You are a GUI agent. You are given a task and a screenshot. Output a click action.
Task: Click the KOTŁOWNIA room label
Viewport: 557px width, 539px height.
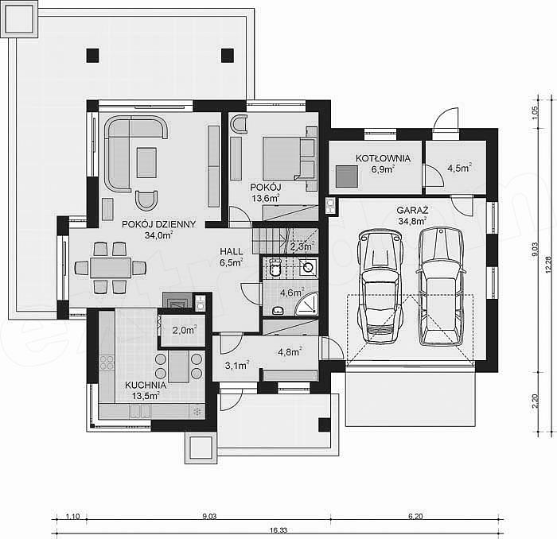tap(383, 158)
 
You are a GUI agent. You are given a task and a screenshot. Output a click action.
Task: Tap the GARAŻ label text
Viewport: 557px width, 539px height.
tap(412, 210)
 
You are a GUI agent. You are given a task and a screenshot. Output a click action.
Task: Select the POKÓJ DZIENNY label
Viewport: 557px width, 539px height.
tap(159, 224)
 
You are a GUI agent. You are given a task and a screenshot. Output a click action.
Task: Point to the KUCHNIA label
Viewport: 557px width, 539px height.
tap(146, 385)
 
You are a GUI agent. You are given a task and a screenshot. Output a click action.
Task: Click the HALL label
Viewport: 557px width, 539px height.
tap(232, 251)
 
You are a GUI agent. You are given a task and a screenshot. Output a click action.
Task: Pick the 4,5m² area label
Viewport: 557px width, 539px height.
tap(459, 168)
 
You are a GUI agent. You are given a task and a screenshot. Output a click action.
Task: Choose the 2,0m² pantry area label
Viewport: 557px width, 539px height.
tap(185, 330)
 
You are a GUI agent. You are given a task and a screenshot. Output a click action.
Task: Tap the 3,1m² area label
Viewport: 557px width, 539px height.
tap(237, 365)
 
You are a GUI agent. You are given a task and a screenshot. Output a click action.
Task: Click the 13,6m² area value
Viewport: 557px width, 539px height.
tap(265, 198)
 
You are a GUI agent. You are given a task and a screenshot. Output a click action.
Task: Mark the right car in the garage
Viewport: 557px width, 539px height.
tap(441, 286)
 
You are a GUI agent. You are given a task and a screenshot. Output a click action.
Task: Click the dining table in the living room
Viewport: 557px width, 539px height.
tap(111, 268)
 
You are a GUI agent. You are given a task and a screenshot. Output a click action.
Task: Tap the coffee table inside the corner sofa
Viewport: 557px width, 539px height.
tap(146, 162)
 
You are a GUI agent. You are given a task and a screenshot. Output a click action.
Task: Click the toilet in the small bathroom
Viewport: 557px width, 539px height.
tap(275, 267)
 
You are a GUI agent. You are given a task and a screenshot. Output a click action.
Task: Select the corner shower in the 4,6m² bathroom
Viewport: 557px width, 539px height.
tap(307, 304)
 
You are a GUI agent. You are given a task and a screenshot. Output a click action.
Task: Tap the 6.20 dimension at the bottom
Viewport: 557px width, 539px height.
tap(415, 516)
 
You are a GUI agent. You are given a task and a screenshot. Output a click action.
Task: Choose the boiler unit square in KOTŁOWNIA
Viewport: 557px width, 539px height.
tap(347, 176)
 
